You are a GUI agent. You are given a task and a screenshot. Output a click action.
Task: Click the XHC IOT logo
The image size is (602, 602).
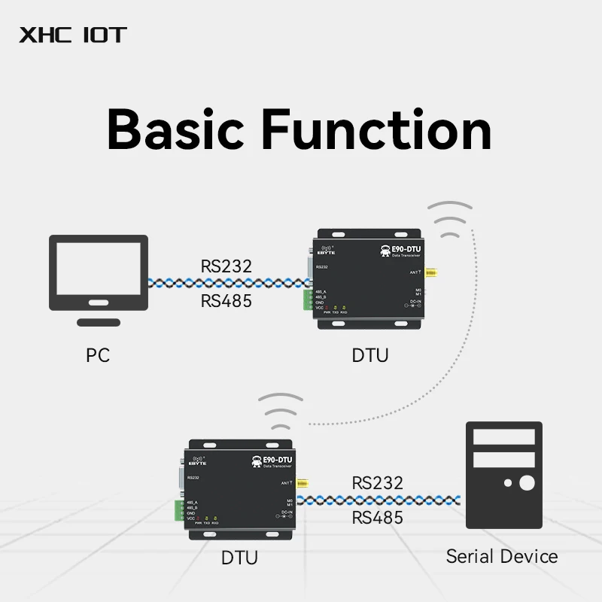(73, 35)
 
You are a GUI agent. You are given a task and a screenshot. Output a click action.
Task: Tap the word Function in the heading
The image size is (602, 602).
(376, 129)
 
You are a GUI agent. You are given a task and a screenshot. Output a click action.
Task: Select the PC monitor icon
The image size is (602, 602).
(99, 272)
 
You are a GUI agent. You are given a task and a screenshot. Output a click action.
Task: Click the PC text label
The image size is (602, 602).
(98, 354)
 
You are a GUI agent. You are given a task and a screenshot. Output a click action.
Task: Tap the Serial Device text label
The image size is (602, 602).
(502, 557)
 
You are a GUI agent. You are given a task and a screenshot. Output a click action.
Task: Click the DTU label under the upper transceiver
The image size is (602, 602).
(370, 354)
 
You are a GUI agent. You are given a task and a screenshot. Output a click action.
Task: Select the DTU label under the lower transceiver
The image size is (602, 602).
(239, 558)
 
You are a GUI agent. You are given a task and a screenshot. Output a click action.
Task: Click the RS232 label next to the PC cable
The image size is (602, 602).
(227, 266)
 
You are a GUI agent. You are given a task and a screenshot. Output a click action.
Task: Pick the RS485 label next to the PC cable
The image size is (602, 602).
(227, 301)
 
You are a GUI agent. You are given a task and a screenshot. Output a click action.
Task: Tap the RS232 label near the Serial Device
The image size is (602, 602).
(378, 483)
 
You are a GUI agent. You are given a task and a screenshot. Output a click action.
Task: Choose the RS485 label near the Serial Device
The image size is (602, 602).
(378, 518)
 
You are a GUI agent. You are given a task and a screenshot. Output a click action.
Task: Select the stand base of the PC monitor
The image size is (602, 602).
(99, 322)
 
